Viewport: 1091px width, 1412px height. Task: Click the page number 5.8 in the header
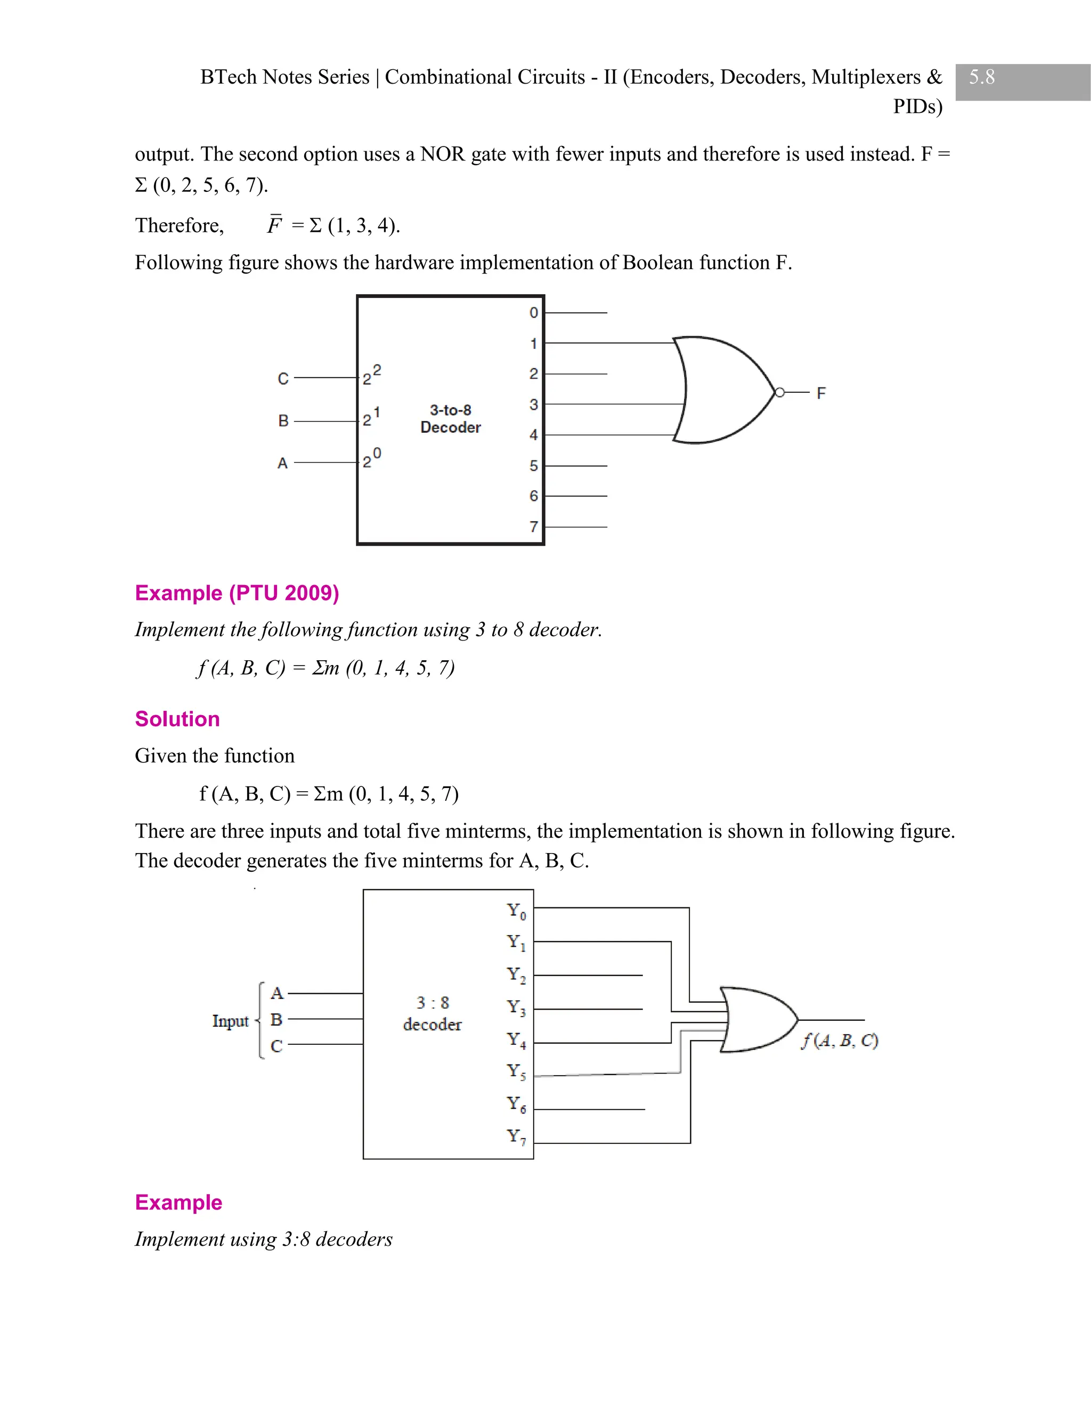pyautogui.click(x=981, y=78)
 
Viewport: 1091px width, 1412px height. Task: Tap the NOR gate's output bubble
pyautogui.click(x=779, y=393)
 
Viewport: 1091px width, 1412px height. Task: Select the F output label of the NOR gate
pyautogui.click(x=821, y=393)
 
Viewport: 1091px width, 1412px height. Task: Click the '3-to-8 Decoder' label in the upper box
pyautogui.click(x=451, y=418)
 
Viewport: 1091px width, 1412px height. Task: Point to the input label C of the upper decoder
pyautogui.click(x=283, y=379)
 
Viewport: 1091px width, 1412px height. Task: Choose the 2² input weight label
pyautogui.click(x=371, y=375)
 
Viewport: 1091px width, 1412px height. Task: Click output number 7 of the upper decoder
pyautogui.click(x=533, y=527)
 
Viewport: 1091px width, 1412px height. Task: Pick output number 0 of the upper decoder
pyautogui.click(x=533, y=313)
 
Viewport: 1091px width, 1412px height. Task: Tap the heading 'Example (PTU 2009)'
pyautogui.click(x=237, y=593)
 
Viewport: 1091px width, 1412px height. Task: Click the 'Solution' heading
pyautogui.click(x=177, y=719)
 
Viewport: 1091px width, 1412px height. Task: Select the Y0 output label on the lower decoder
pyautogui.click(x=516, y=911)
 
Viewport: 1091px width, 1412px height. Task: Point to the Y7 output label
pyautogui.click(x=516, y=1137)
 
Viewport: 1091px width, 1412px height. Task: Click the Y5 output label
pyautogui.click(x=516, y=1072)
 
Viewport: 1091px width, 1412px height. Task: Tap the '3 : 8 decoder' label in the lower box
pyautogui.click(x=433, y=1013)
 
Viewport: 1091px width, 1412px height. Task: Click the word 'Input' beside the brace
pyautogui.click(x=230, y=1021)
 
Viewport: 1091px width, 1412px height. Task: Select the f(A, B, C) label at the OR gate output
pyautogui.click(x=839, y=1040)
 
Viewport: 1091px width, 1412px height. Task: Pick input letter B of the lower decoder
pyautogui.click(x=276, y=1019)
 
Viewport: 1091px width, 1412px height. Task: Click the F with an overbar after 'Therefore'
pyautogui.click(x=274, y=225)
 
